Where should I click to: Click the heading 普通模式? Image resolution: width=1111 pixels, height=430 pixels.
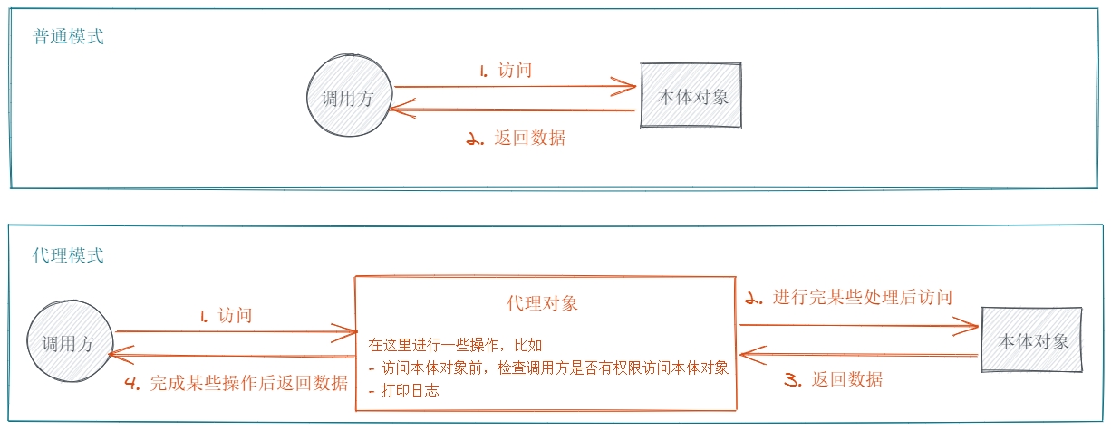point(69,38)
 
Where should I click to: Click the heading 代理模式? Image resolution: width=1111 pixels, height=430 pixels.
point(69,255)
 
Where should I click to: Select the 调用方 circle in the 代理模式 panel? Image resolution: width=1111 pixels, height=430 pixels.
point(68,343)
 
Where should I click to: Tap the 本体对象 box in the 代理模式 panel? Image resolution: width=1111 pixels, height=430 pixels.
point(1033,341)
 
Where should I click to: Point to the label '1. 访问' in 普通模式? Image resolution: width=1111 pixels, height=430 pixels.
point(505,71)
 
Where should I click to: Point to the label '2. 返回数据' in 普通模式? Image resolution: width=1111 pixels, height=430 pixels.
point(516,139)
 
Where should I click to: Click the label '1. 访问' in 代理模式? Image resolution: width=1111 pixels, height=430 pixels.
point(226,316)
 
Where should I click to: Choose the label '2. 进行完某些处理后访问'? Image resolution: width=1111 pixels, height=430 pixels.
point(848,297)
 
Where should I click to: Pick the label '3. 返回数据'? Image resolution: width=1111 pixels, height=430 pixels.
point(833,379)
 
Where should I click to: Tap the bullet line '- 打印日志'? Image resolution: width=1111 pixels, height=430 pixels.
point(404,391)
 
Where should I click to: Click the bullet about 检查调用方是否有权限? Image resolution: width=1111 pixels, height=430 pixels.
point(549,368)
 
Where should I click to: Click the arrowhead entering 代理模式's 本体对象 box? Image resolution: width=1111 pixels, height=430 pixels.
point(972,326)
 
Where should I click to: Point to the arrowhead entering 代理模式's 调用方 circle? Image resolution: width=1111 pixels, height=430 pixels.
point(115,356)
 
